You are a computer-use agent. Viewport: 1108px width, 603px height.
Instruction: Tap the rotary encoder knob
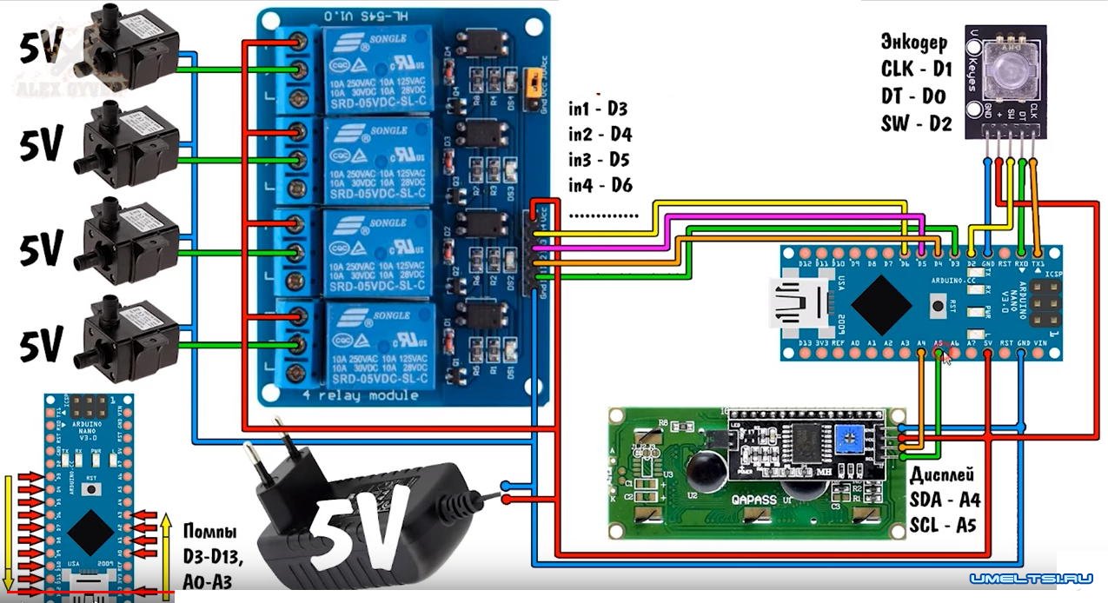1006,68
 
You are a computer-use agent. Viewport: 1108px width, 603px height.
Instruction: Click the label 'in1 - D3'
598,109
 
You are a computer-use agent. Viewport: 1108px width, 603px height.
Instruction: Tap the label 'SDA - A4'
945,500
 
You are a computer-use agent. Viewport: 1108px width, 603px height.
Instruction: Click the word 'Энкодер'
914,42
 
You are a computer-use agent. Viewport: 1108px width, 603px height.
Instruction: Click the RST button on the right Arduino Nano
938,305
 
